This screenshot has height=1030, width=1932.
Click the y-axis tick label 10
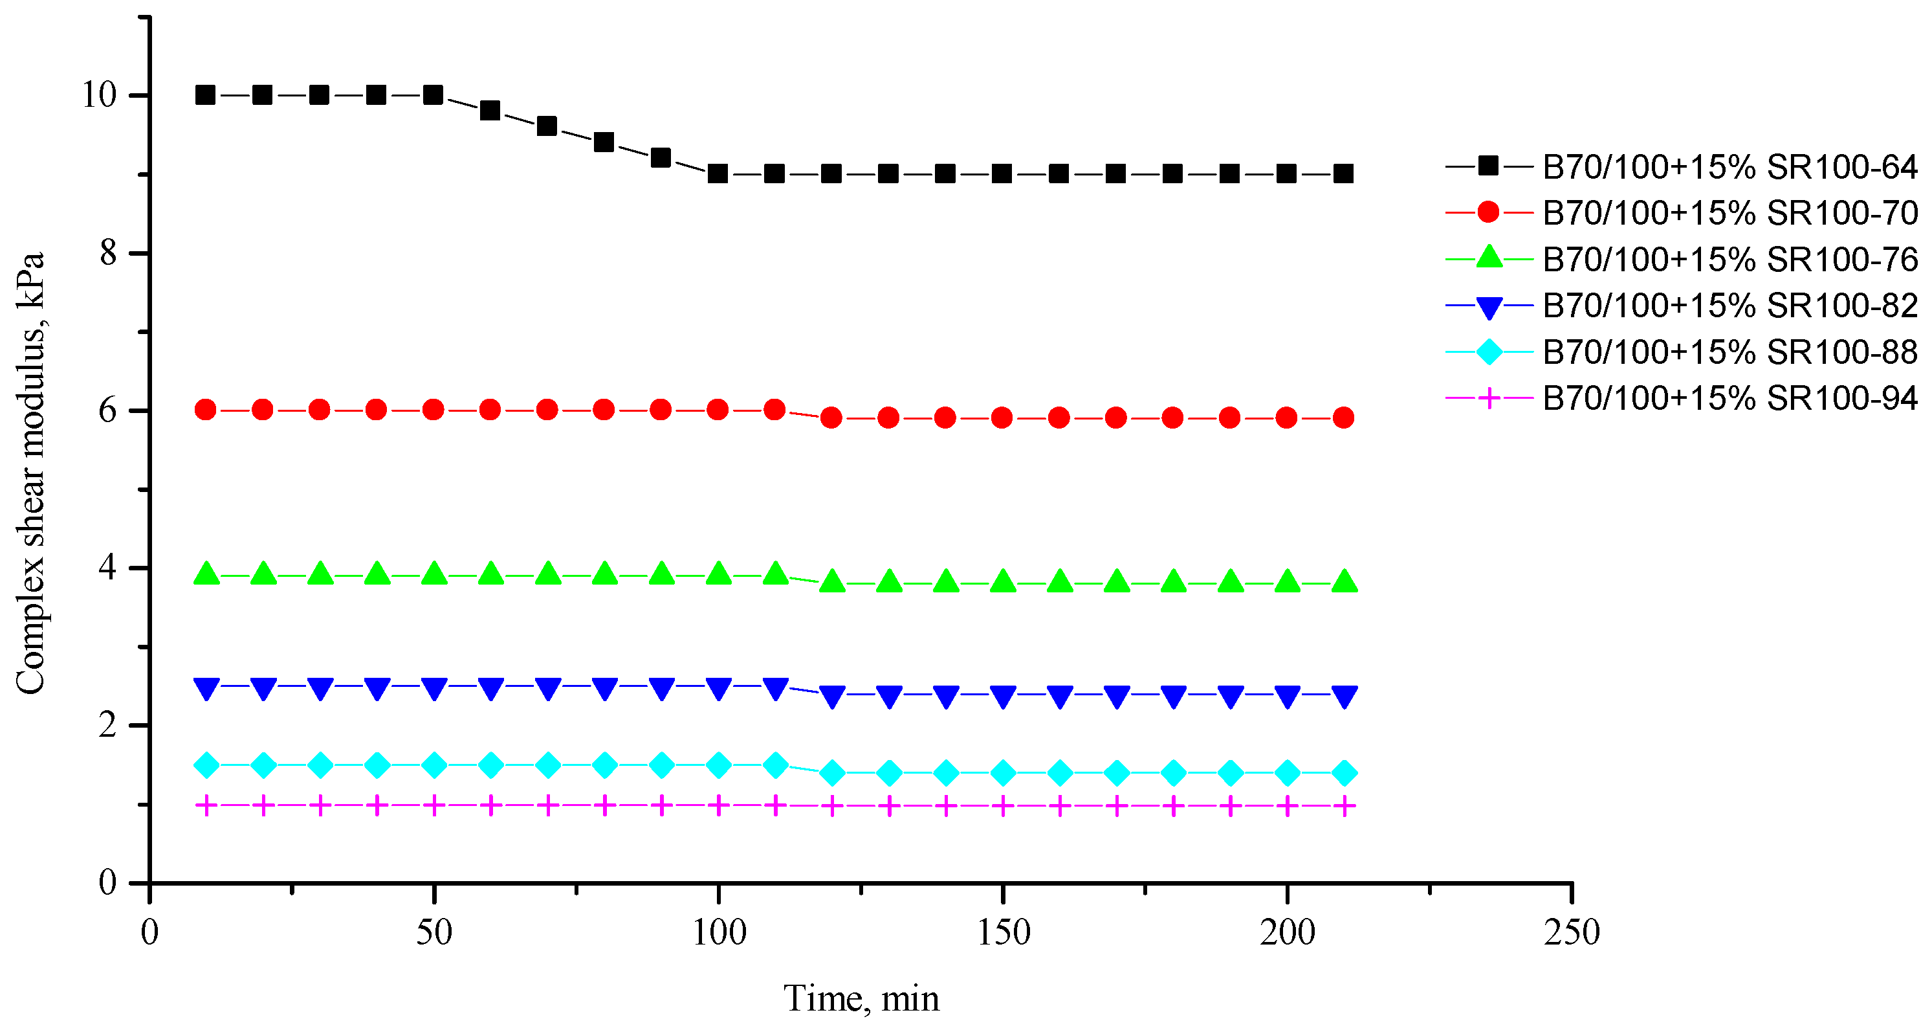99,95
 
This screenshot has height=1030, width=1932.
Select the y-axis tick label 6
108,410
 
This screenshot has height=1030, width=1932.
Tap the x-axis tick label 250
1571,932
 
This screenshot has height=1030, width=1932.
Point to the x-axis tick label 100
718,932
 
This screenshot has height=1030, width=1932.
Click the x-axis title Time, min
861,998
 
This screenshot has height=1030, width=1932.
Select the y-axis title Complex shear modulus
30,473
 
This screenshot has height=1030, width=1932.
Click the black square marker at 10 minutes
206,95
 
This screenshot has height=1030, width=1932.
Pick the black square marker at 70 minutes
547,126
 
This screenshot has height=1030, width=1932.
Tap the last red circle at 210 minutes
1344,418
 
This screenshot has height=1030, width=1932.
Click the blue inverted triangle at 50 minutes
434,688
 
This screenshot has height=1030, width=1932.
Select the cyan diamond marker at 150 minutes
1003,773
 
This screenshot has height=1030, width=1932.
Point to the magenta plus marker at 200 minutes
1287,807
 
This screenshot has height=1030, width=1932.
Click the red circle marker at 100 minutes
718,410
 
